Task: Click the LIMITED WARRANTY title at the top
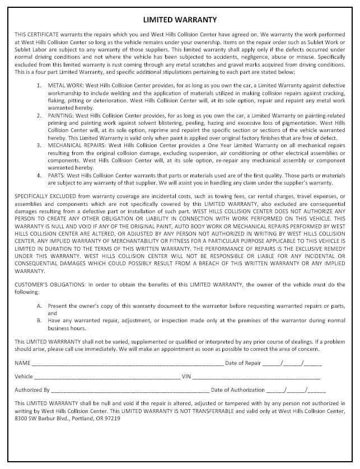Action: (x=180, y=20)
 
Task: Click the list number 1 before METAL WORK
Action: (x=39, y=85)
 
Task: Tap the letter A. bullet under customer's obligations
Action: (x=39, y=307)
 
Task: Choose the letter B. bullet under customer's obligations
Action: (x=39, y=321)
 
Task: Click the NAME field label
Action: (x=22, y=363)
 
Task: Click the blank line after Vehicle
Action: (x=106, y=377)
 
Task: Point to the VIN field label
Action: (x=187, y=377)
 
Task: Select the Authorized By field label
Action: (x=32, y=390)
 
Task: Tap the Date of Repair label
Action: (x=243, y=363)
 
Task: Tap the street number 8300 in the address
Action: (x=21, y=418)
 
